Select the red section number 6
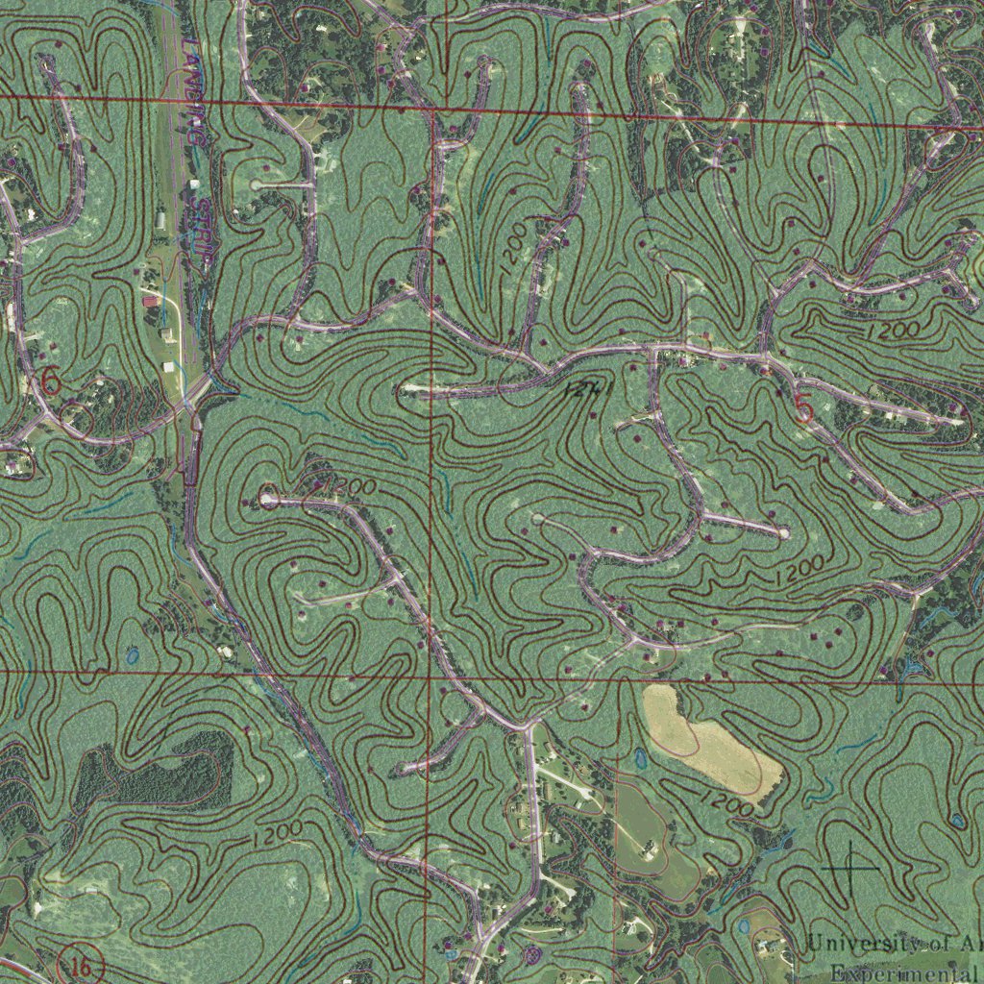51,381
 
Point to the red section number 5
803,410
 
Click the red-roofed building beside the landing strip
150,301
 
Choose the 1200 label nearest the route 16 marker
278,832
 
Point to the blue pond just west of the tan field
640,759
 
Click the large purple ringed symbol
533,954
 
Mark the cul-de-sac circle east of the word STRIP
256,184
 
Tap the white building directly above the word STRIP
194,184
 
